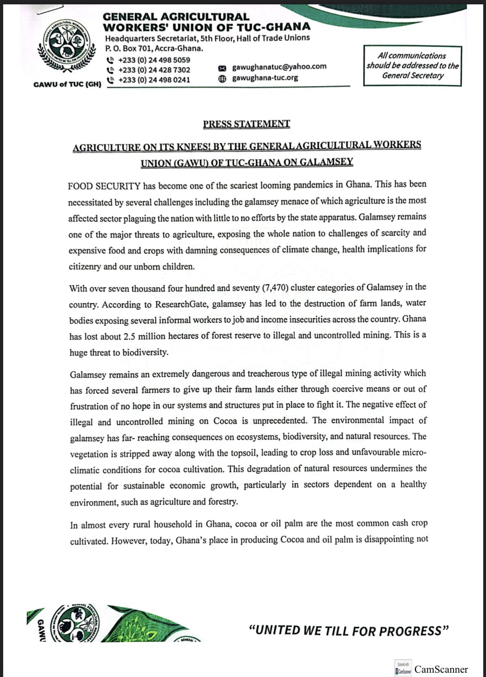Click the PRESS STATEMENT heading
[246, 124]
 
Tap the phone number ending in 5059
[154, 60]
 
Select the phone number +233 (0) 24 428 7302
[154, 70]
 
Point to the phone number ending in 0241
[154, 80]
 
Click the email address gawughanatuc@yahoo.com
[279, 67]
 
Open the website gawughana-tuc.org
[265, 78]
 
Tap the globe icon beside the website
[222, 78]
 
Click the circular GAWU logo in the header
[67, 46]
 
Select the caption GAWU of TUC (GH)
[67, 84]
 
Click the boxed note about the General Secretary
[412, 66]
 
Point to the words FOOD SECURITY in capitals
[104, 186]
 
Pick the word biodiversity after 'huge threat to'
[145, 352]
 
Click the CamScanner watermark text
[441, 669]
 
